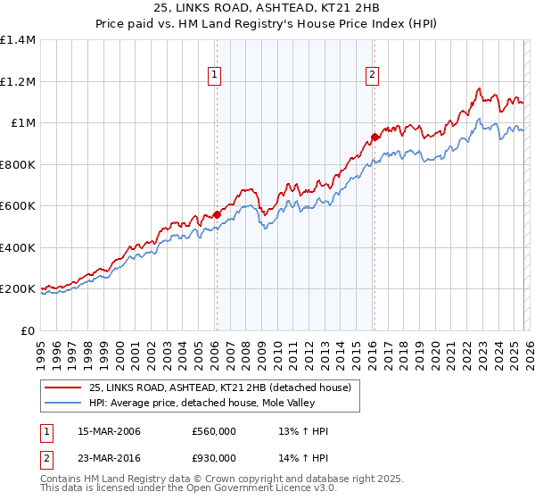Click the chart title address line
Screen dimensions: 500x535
(x=267, y=10)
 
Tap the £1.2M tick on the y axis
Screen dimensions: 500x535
(x=17, y=81)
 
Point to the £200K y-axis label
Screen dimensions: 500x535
(x=17, y=289)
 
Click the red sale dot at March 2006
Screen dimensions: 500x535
(x=217, y=214)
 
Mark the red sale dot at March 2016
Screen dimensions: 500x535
(x=374, y=137)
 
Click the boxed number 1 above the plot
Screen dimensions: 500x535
(x=216, y=76)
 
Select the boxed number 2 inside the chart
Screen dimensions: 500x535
(x=372, y=76)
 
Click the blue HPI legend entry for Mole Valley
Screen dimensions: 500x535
(x=196, y=403)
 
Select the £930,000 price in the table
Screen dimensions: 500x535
(x=214, y=457)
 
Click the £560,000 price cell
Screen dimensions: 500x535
(x=214, y=432)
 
